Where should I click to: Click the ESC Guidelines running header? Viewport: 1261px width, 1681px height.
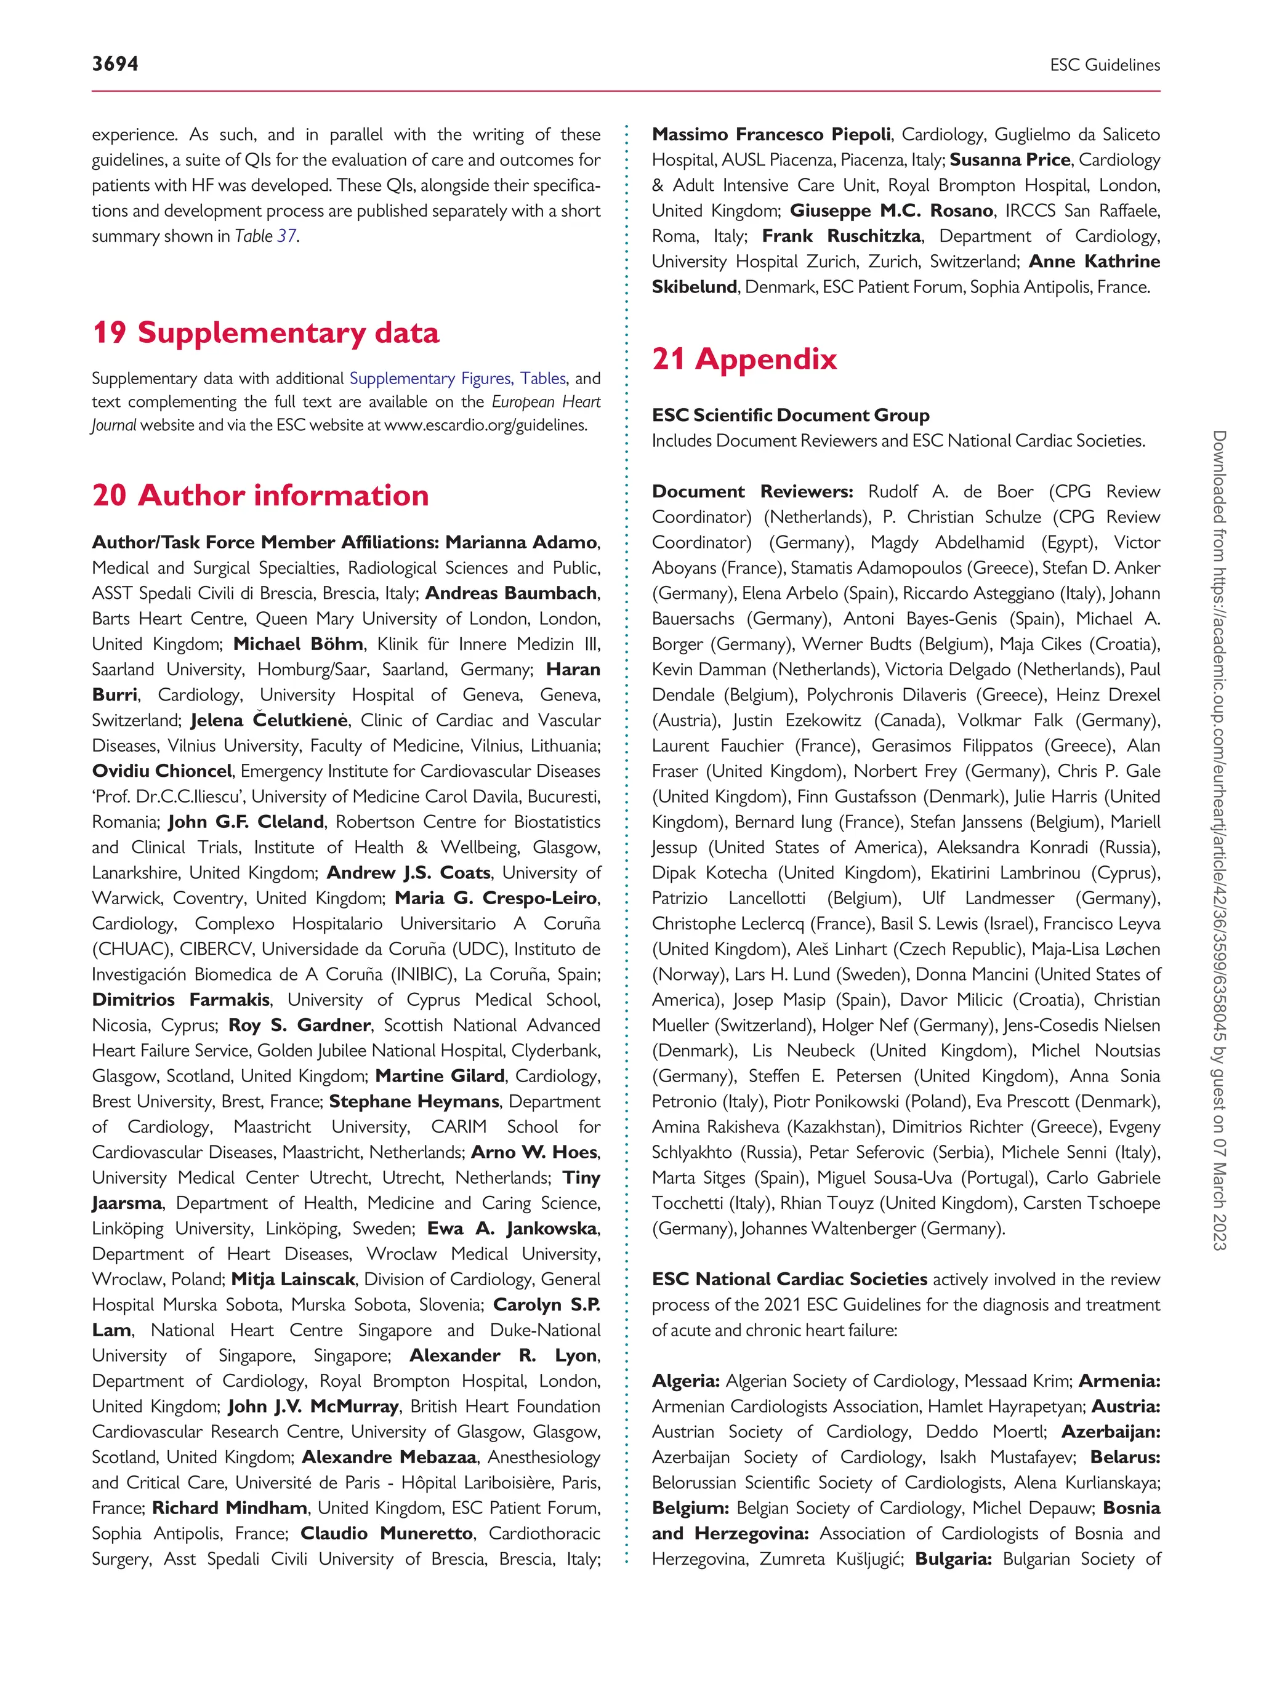coord(1105,65)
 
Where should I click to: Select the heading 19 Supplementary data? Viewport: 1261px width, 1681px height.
coord(265,333)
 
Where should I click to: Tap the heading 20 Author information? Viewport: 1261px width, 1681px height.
coord(260,495)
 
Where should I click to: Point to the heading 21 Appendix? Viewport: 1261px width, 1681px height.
coord(744,359)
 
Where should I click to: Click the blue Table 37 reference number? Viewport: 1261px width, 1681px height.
coord(286,236)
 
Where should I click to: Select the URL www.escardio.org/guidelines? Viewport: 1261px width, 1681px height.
coord(485,425)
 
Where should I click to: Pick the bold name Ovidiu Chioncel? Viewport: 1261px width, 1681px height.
coord(161,771)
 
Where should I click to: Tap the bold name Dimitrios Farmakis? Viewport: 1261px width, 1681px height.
coord(181,1000)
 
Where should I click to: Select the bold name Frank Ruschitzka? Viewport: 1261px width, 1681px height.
coord(842,236)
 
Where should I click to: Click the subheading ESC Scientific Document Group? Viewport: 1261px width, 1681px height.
coord(791,415)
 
